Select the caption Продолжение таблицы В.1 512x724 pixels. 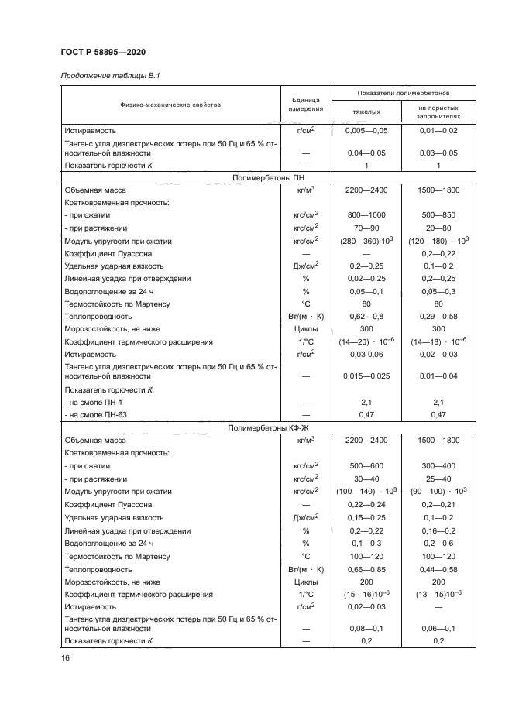110,75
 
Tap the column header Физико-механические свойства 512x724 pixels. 170,105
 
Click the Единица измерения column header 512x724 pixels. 305,105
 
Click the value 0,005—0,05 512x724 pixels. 366,132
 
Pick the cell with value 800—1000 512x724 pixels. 366,216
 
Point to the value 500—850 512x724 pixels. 438,216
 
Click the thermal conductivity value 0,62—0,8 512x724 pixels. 366,317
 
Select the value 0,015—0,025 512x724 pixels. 366,376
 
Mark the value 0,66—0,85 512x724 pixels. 366,568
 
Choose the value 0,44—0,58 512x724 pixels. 438,568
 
